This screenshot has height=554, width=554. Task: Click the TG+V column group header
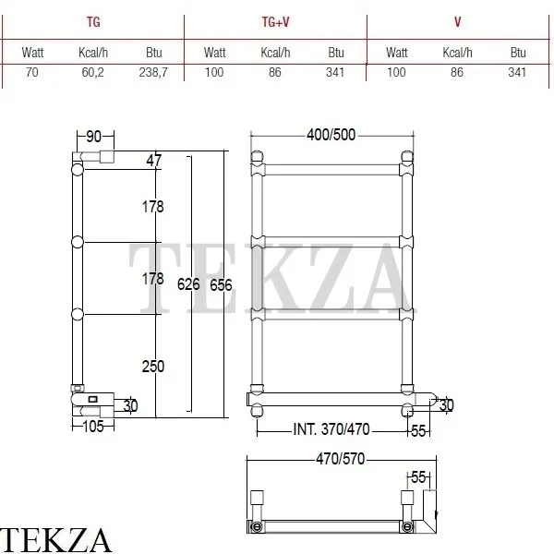[275, 22]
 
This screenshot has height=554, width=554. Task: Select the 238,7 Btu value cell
[153, 72]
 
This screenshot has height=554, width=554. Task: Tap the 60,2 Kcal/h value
[92, 72]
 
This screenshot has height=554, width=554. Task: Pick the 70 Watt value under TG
[31, 72]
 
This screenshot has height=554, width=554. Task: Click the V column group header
[458, 22]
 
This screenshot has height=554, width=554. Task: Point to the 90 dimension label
[93, 137]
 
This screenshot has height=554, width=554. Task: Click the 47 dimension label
[154, 161]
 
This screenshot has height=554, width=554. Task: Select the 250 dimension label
[153, 367]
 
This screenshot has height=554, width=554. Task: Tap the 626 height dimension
[188, 284]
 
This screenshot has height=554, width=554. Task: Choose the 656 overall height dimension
[221, 285]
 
